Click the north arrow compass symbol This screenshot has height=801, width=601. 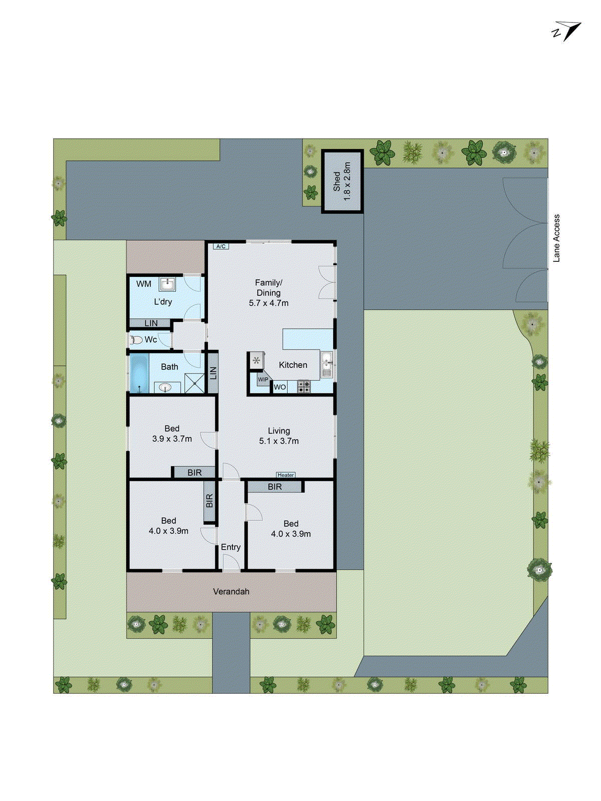click(x=566, y=32)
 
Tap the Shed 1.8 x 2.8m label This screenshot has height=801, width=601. click(x=342, y=181)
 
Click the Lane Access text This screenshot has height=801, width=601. click(x=556, y=238)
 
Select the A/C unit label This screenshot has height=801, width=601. click(x=220, y=246)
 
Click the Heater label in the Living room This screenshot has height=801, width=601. click(x=285, y=475)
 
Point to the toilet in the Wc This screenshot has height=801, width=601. click(x=136, y=340)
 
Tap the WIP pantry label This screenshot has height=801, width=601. click(x=263, y=379)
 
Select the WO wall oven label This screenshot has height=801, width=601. click(x=279, y=387)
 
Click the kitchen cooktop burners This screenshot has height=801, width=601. click(x=304, y=386)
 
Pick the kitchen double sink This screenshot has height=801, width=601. click(x=327, y=364)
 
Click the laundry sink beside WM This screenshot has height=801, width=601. click(x=167, y=285)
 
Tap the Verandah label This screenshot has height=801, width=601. click(x=231, y=592)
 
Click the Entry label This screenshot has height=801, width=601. click(x=231, y=547)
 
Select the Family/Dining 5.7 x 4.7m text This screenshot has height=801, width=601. click(x=268, y=293)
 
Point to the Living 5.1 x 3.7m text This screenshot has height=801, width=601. click(x=278, y=436)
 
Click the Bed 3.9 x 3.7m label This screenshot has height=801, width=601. click(x=172, y=434)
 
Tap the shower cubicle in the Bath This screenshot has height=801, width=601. click(x=195, y=383)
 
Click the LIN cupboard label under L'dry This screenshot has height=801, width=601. click(x=151, y=323)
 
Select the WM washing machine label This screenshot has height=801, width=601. click(x=144, y=284)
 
